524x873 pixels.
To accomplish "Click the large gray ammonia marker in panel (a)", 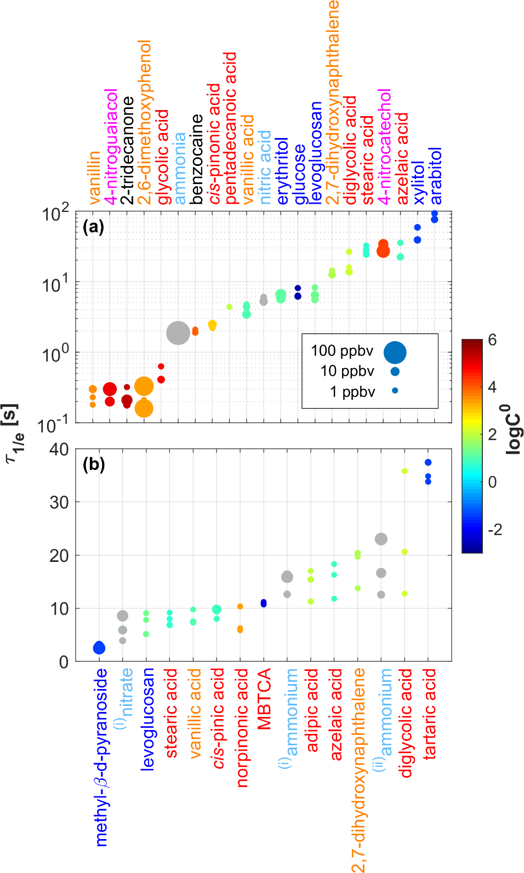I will click(178, 333).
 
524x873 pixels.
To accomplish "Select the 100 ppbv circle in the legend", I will click(395, 352).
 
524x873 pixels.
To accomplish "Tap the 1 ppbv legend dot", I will click(395, 390).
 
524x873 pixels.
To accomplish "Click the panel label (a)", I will click(93, 227).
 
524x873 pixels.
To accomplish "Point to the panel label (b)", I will click(94, 464).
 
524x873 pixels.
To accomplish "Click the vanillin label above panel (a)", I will click(94, 177).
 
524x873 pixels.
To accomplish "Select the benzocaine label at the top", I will click(196, 159).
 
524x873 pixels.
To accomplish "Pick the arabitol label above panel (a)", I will click(435, 175).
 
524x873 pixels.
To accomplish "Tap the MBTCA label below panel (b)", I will click(264, 699).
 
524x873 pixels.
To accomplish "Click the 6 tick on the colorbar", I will click(492, 340).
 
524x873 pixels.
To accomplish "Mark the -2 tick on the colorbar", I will click(494, 530).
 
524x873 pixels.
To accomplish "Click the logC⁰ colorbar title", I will click(513, 429).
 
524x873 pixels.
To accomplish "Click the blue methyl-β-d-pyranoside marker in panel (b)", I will click(99, 648).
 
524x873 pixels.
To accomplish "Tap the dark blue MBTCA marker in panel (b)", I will click(264, 603).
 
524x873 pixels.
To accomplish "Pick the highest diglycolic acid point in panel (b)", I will click(405, 471).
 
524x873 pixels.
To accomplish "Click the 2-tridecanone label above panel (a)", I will click(127, 150).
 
